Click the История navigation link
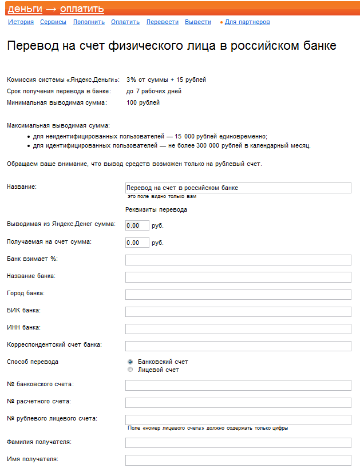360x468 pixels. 21,22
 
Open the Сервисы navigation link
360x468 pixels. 53,22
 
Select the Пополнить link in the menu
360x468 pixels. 89,22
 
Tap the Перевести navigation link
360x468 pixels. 162,22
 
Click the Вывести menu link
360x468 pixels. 198,22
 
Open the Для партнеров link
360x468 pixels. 247,22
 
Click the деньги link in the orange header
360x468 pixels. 25,9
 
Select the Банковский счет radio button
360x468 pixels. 130,362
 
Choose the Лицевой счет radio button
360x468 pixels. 130,370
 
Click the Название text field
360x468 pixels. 238,188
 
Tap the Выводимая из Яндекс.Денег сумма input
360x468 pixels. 137,225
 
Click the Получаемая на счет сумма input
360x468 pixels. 137,243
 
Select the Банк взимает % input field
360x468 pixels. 238,260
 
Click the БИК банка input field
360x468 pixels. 238,312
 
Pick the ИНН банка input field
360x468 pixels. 238,329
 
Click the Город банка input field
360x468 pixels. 238,295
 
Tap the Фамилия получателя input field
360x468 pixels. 238,443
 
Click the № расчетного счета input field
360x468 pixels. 238,403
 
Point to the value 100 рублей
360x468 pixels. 143,103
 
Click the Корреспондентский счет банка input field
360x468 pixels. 238,346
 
